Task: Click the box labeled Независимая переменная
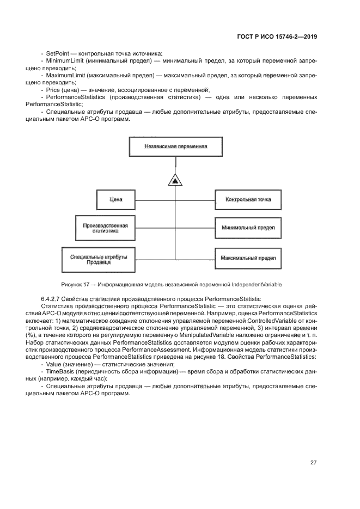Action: tap(176, 146)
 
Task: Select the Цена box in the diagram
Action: tap(116, 200)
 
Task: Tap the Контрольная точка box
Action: tap(248, 200)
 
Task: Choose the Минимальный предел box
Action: tap(248, 228)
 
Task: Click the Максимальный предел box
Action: tap(248, 257)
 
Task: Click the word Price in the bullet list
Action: tap(53, 89)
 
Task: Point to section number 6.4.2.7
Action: tap(52, 298)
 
